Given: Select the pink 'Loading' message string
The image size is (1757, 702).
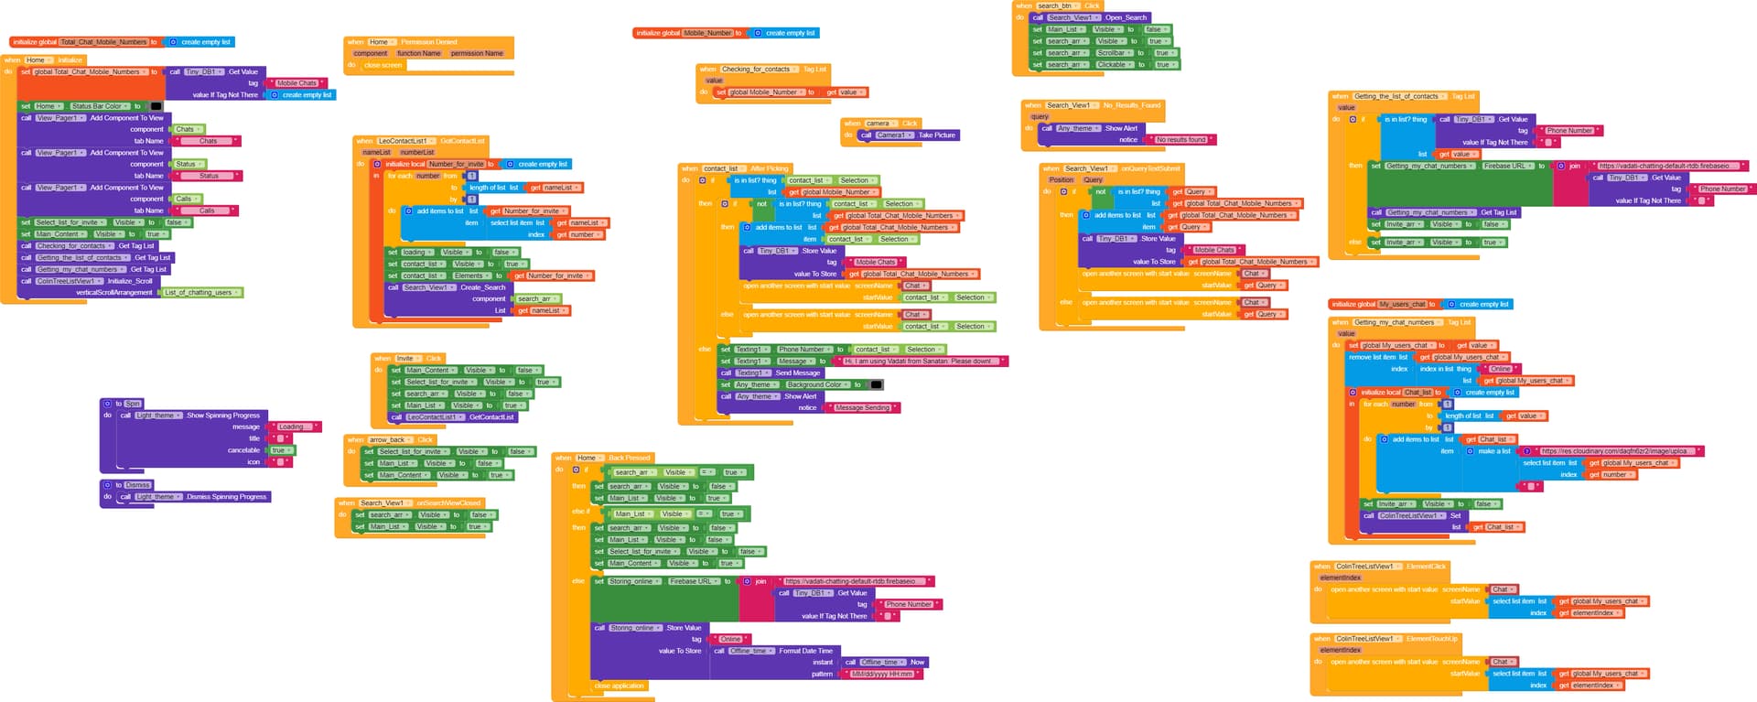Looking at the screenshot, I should tap(291, 427).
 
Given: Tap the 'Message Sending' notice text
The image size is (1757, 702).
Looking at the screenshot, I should tap(862, 408).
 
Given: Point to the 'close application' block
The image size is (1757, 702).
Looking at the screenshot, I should tap(620, 686).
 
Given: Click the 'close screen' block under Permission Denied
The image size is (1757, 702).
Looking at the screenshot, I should tap(383, 65).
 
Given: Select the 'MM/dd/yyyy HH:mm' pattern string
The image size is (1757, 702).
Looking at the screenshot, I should tap(882, 675).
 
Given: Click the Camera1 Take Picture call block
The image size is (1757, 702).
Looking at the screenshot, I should tap(906, 135).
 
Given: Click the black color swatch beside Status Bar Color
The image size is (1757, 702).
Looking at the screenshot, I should tap(156, 106).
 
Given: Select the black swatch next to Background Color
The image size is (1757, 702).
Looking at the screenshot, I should tap(877, 385).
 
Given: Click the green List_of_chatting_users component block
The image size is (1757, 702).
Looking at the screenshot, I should tap(200, 293).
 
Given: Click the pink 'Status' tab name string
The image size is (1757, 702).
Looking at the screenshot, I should tap(209, 176).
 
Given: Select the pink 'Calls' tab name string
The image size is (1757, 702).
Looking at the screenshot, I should tap(207, 211).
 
